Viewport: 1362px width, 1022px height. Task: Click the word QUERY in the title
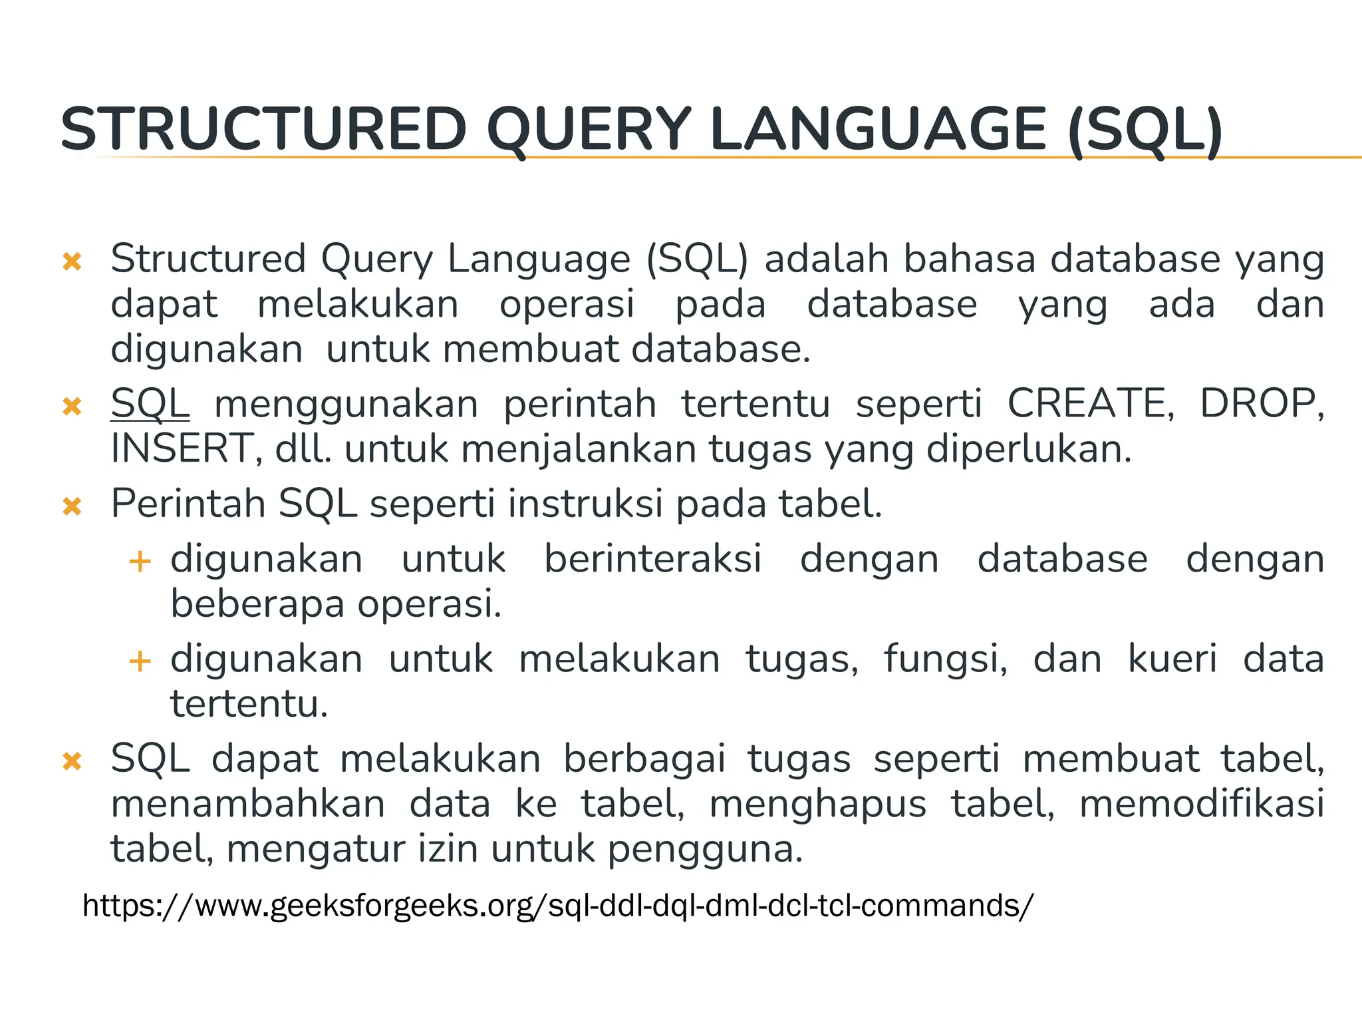[589, 130]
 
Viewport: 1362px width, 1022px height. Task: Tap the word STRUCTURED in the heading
[264, 130]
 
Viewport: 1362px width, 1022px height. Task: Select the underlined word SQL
[150, 403]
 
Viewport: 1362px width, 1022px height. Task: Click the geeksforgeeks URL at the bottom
[558, 906]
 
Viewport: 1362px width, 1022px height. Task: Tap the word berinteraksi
[652, 559]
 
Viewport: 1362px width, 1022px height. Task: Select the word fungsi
[945, 659]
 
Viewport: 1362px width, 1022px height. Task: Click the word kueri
[1172, 659]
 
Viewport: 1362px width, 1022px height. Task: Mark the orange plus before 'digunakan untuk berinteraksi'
[140, 562]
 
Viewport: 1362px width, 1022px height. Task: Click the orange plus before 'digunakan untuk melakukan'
[140, 661]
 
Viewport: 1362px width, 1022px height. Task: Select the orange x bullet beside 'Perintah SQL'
[72, 507]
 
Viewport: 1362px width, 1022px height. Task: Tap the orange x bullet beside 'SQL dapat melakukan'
[72, 761]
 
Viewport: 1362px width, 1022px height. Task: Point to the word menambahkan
[248, 804]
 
